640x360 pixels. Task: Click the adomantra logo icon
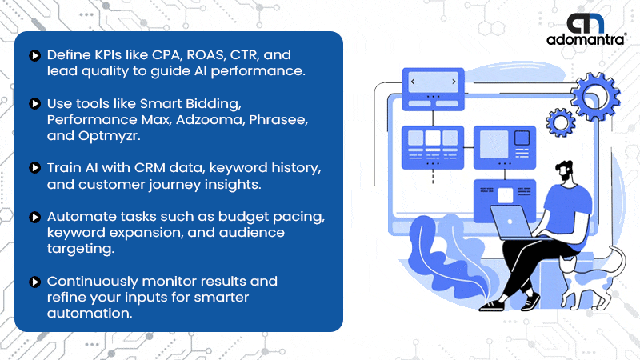pyautogui.click(x=586, y=23)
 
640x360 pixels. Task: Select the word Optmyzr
pyautogui.click(x=109, y=136)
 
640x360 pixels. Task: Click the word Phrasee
pyautogui.click(x=278, y=119)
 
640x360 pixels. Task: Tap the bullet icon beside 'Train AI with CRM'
pyautogui.click(x=34, y=168)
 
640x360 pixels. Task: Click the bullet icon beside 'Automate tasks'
pyautogui.click(x=34, y=217)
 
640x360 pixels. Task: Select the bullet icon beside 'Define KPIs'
pyautogui.click(x=34, y=55)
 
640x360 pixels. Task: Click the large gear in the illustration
pyautogui.click(x=595, y=96)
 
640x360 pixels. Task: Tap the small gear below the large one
pyautogui.click(x=561, y=122)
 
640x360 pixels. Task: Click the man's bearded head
pyautogui.click(x=566, y=170)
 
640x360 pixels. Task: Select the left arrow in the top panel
pyautogui.click(x=413, y=82)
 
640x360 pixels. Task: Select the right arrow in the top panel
pyautogui.click(x=454, y=82)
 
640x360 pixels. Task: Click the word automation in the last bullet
pyautogui.click(x=90, y=314)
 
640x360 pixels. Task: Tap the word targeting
pyautogui.click(x=81, y=249)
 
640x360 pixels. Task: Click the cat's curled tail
pyautogui.click(x=618, y=262)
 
